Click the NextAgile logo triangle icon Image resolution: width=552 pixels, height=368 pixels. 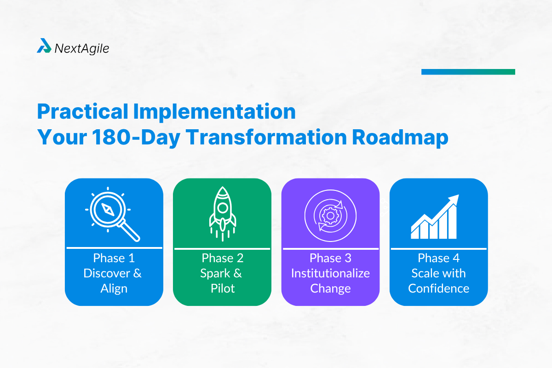pos(44,46)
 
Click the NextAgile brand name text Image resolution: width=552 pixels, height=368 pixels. pos(81,48)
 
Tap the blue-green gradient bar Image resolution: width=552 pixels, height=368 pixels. pos(468,72)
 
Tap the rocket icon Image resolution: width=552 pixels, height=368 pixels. pos(222,213)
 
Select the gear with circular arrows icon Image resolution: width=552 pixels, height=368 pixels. pos(330,214)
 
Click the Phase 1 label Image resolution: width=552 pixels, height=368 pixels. pos(114,258)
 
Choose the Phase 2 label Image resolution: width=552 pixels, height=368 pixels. pos(222,258)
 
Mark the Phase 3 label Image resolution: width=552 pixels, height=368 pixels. pos(330,258)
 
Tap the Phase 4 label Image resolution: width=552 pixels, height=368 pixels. pos(438,258)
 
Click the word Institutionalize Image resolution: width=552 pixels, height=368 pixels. pos(330,273)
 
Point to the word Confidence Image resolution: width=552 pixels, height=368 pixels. pos(438,289)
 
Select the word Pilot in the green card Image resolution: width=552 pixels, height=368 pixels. pos(222,289)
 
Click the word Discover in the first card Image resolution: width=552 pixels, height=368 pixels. pos(106,273)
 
